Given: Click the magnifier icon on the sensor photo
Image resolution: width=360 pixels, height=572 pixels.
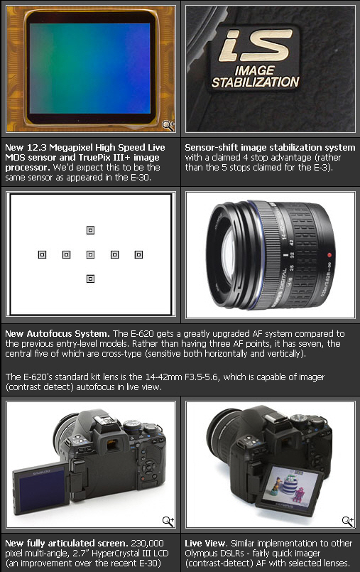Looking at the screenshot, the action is click(168, 126).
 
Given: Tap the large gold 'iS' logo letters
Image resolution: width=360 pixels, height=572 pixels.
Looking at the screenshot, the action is click(256, 45).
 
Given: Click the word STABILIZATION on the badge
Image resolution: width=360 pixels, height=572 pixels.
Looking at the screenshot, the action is click(256, 82).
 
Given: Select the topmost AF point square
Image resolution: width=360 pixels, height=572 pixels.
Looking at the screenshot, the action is click(90, 230).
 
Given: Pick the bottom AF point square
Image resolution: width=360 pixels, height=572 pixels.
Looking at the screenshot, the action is click(90, 279).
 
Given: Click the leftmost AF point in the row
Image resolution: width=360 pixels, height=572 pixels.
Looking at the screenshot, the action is click(43, 254).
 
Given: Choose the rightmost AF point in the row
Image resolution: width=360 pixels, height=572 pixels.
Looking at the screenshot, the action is click(138, 254).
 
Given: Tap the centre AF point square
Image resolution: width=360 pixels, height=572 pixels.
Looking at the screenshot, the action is click(90, 254).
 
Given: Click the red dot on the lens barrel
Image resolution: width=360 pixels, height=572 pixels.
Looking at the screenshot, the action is click(329, 255).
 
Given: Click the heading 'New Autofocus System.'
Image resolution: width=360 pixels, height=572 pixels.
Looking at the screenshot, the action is click(58, 334).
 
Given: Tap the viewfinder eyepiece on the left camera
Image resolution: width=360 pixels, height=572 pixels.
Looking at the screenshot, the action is click(112, 444).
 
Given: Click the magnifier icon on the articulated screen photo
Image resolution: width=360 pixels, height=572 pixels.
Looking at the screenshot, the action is click(168, 522).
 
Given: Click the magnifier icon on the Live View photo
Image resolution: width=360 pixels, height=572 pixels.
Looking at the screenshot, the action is click(348, 522).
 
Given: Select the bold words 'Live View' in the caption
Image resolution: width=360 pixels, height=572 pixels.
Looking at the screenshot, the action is click(205, 544).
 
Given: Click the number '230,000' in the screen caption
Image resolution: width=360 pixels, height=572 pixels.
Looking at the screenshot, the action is click(147, 544).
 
